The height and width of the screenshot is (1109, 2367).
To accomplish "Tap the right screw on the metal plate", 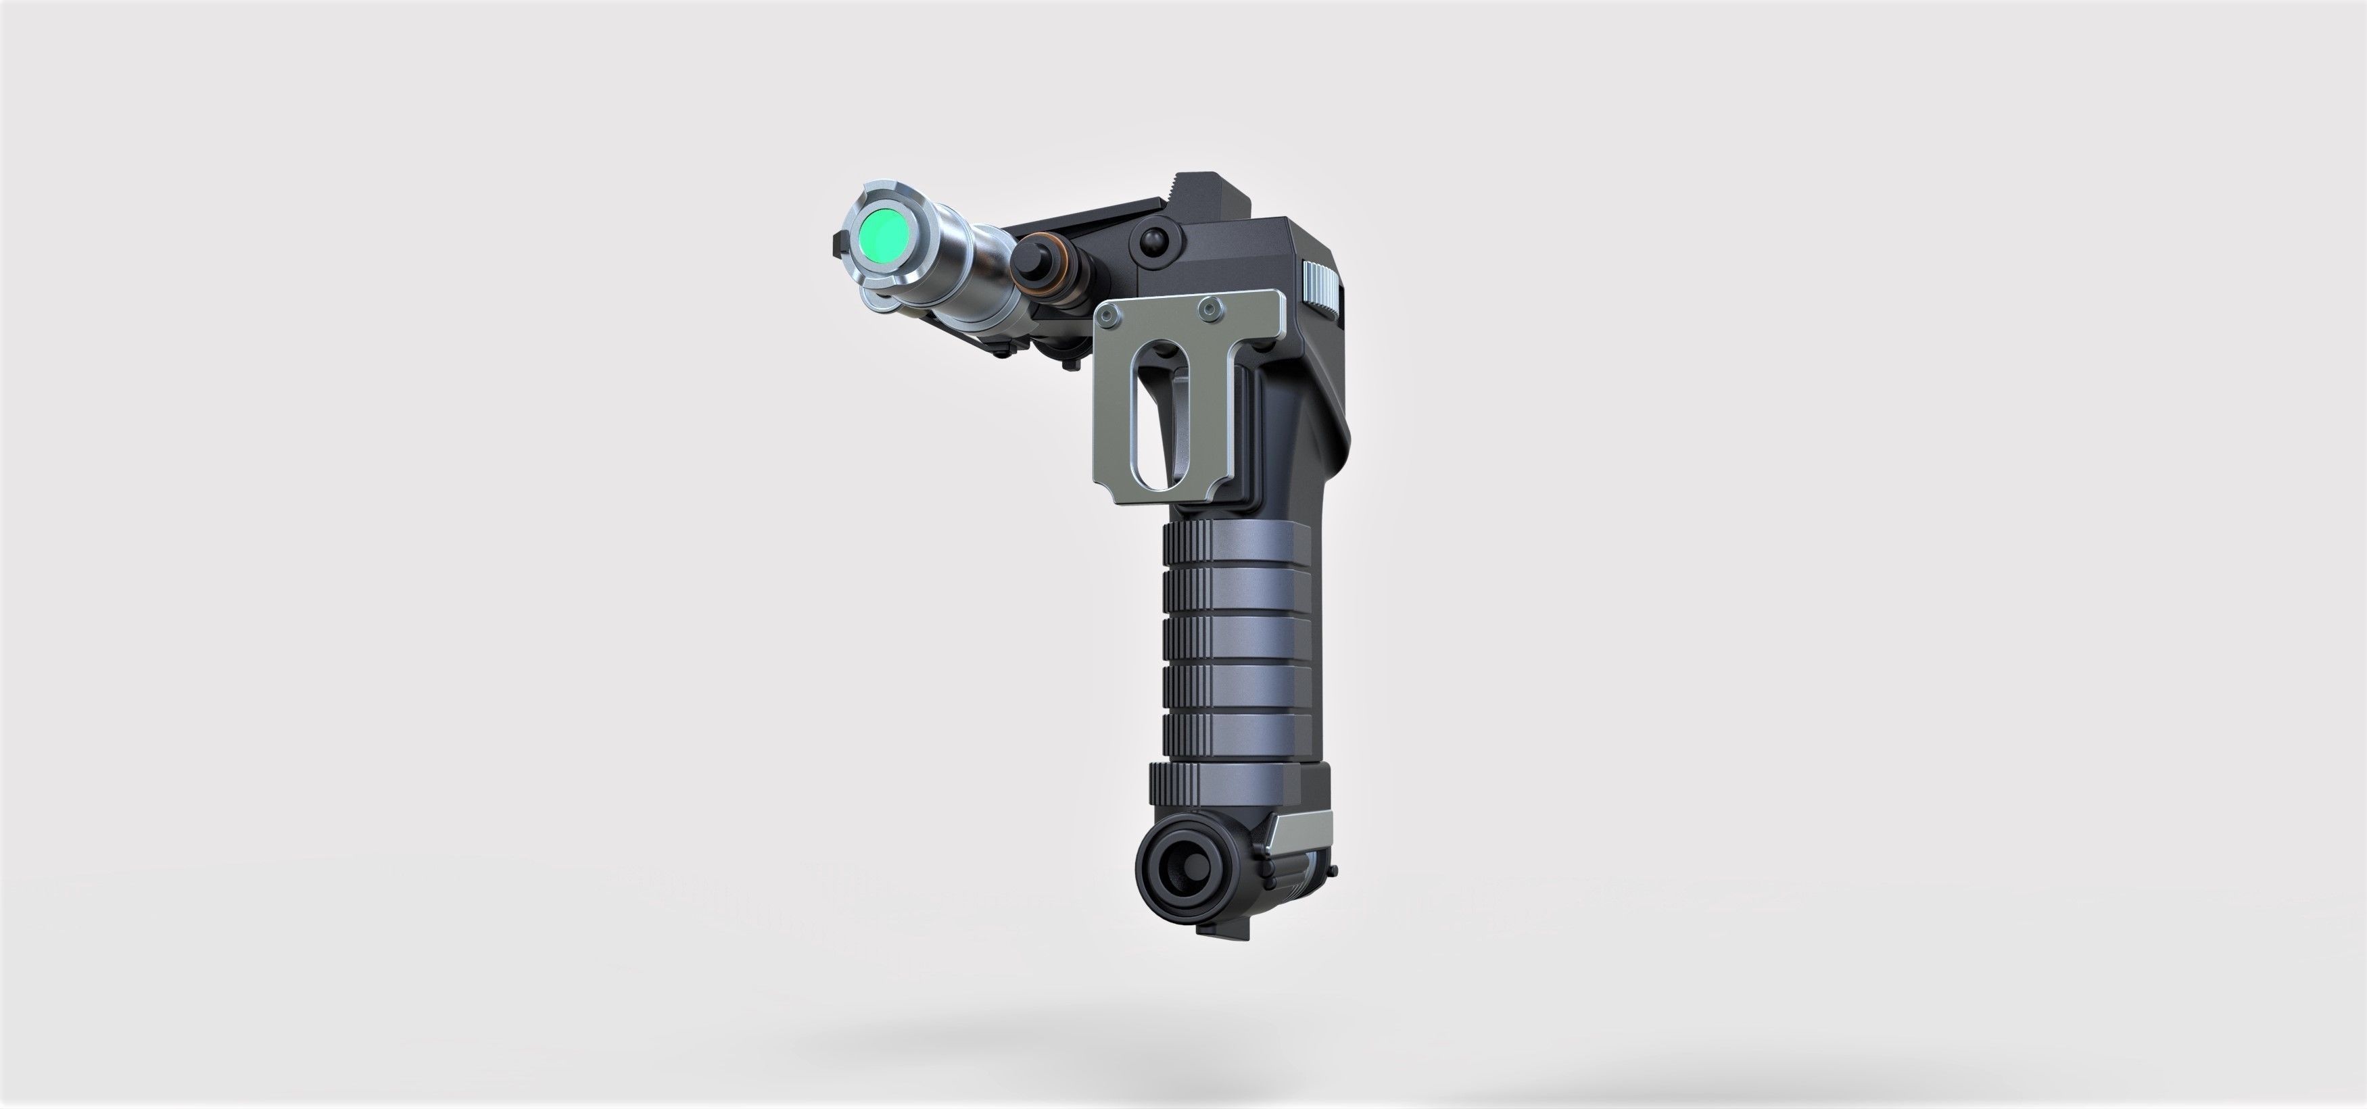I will pyautogui.click(x=1213, y=310).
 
